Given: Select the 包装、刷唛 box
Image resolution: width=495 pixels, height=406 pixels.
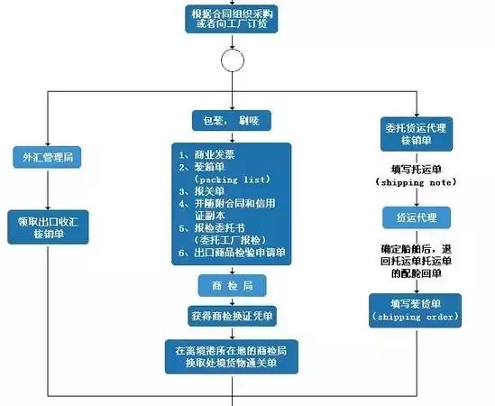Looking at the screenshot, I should tap(232, 120).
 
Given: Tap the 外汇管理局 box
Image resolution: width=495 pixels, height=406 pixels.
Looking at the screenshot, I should tap(48, 157).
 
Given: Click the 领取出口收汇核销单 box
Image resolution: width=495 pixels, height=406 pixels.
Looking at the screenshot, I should tap(48, 226).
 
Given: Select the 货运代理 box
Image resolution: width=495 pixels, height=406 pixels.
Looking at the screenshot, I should tap(416, 217).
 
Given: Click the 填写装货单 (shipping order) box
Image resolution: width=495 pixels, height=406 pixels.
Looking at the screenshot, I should tap(416, 309).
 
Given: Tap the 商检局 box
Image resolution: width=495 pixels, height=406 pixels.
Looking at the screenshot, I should tap(232, 285).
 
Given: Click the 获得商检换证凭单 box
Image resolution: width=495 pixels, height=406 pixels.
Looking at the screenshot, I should tap(233, 317).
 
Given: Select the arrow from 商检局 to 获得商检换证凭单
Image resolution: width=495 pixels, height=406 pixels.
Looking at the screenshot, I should tap(233, 301).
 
